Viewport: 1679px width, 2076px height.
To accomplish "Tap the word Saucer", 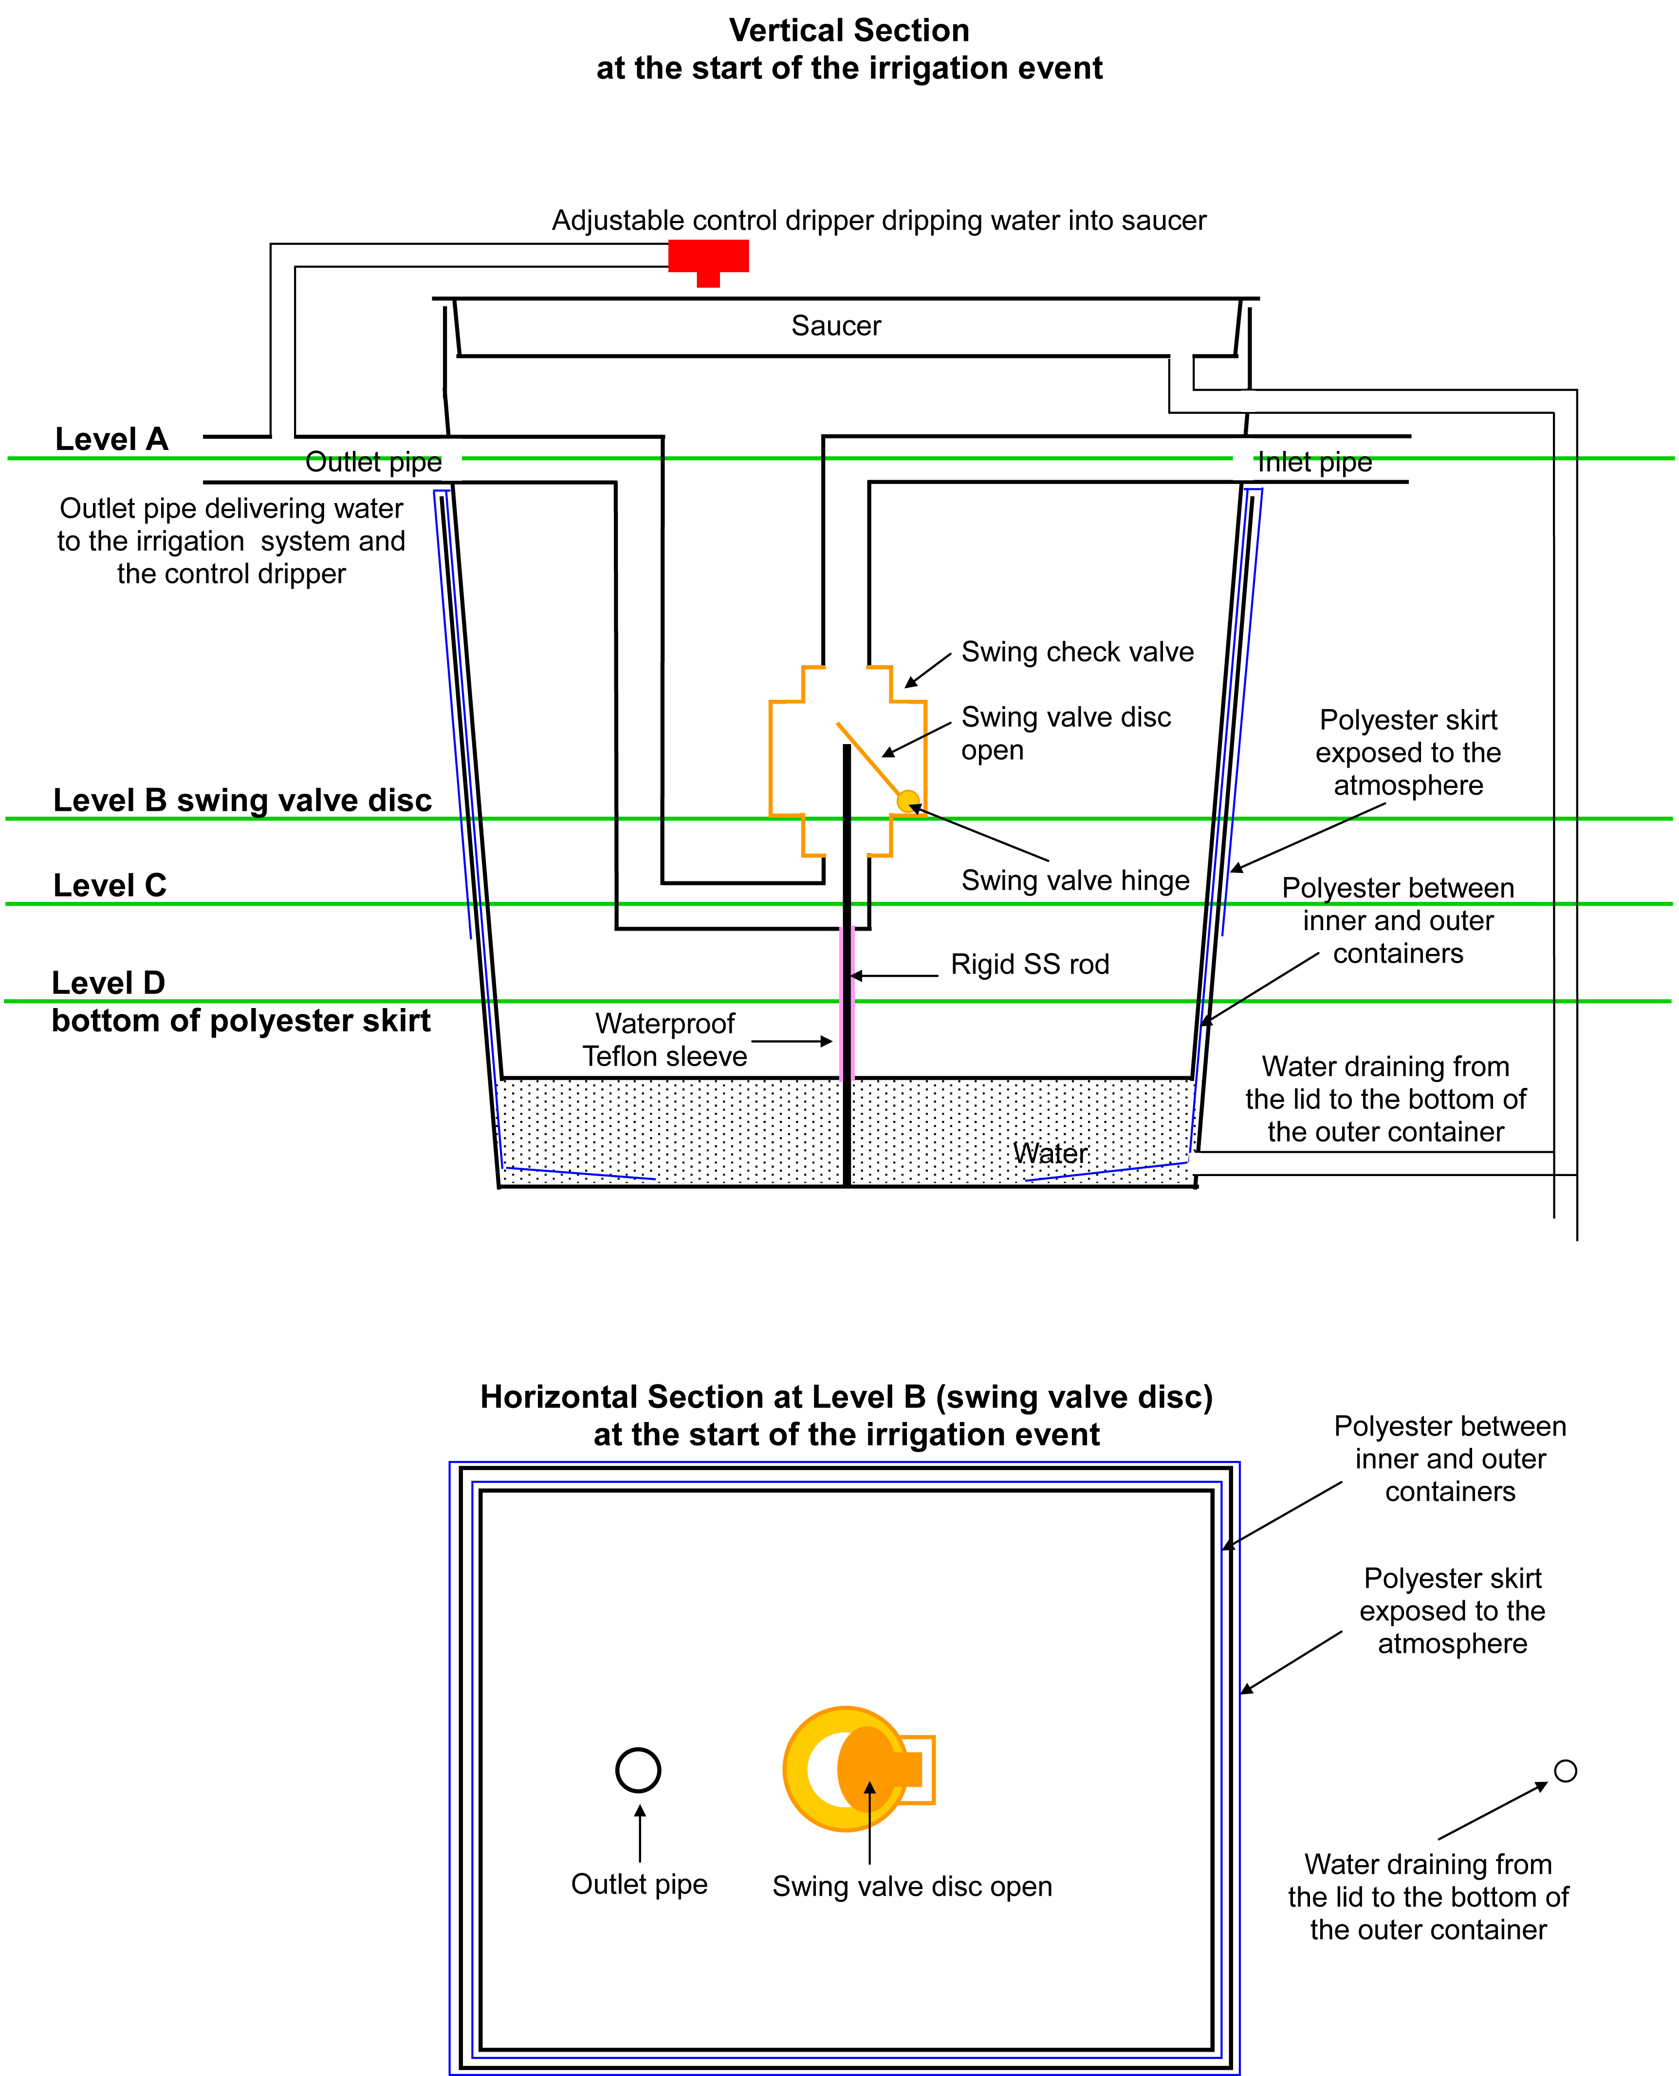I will coord(836,326).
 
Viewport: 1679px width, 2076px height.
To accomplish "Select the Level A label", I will coord(111,439).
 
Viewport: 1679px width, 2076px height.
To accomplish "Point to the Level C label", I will coord(110,885).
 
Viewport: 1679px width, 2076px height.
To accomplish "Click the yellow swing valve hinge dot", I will coord(907,801).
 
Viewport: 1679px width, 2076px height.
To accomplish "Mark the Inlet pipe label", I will coord(1314,463).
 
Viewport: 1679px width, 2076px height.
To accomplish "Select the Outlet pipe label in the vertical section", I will coord(373,463).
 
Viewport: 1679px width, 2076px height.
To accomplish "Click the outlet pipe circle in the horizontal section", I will coord(638,1770).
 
